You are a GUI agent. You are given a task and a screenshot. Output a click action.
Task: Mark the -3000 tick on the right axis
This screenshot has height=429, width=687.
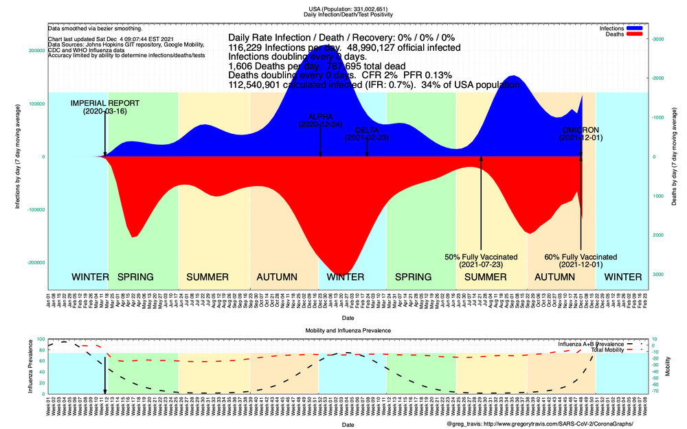(x=658, y=39)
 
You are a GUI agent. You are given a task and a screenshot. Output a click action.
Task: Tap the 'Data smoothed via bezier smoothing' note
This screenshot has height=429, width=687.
(x=95, y=29)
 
